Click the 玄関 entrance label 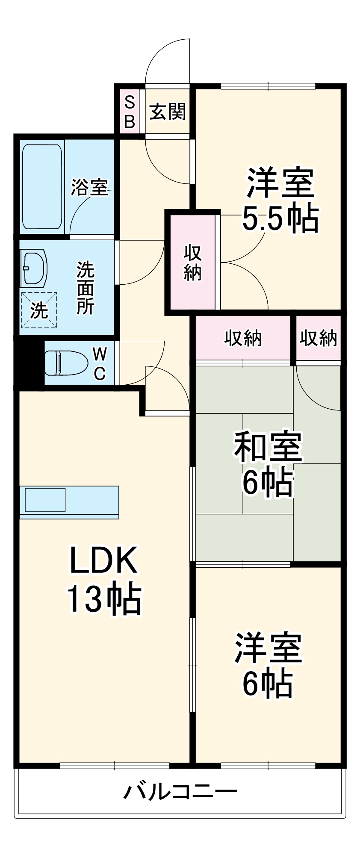coord(168,112)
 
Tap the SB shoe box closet coord(129,112)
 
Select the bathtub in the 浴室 coord(42,187)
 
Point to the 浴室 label coord(89,187)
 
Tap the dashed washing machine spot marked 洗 coord(39,310)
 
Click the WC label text coord(100,363)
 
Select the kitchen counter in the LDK coord(69,502)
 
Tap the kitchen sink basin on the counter coord(45,499)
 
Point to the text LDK coord(103,560)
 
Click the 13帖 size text coord(103,598)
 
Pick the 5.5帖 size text coord(280,218)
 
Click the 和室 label coord(268,447)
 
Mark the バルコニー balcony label coord(180,792)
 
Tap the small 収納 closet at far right coord(318,338)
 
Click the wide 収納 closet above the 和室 coord(243,338)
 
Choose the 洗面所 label coord(85,287)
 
